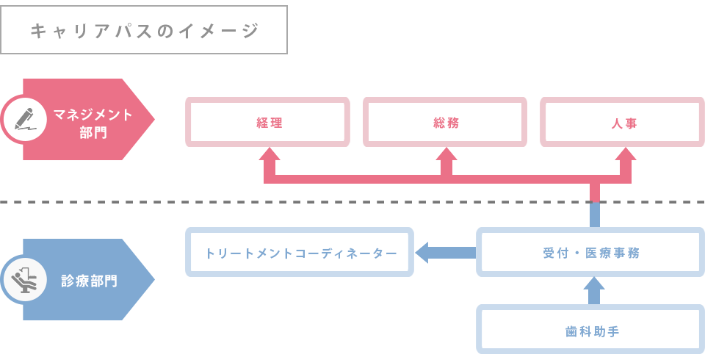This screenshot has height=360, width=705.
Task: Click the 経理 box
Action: tap(267, 123)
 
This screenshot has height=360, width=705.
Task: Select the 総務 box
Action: tap(445, 123)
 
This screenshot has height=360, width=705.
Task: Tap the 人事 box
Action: tap(623, 123)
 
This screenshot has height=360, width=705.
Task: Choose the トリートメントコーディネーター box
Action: tap(300, 253)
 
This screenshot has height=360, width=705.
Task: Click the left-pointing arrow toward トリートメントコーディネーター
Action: tap(445, 253)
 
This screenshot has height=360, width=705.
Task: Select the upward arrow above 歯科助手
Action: tap(594, 291)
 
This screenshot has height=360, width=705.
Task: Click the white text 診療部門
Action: tap(89, 281)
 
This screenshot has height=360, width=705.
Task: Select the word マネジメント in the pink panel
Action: tap(93, 115)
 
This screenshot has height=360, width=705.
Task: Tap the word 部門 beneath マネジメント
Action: tap(93, 133)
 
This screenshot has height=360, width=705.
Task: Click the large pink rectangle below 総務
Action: tap(446, 173)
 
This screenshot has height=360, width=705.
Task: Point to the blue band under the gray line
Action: tap(446, 215)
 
